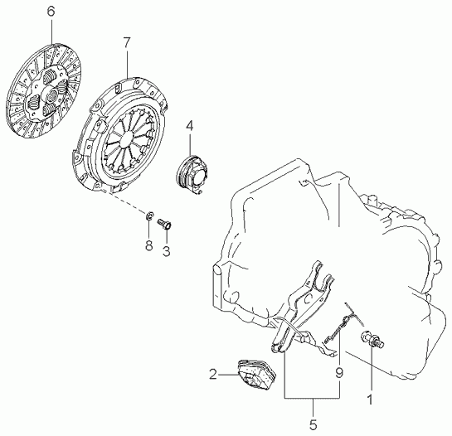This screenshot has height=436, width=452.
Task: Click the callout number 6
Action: [x=51, y=12]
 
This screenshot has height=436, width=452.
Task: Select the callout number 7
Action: [x=127, y=43]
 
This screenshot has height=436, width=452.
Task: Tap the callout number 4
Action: [x=189, y=127]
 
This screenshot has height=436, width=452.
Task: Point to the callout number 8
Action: [x=148, y=245]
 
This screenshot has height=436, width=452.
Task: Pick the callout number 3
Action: [x=167, y=251]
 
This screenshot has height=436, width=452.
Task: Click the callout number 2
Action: [x=213, y=375]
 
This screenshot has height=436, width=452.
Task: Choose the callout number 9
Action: [x=339, y=373]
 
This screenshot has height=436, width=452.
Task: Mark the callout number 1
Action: [x=370, y=400]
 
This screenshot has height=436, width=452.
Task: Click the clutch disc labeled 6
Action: [x=45, y=91]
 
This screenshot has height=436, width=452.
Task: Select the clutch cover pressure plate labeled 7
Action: [x=119, y=135]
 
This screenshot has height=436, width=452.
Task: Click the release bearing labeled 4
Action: [x=190, y=173]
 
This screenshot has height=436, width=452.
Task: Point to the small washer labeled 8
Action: [x=149, y=216]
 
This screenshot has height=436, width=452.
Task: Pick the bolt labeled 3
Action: [x=164, y=223]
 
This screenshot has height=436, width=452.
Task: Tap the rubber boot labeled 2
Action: [x=256, y=375]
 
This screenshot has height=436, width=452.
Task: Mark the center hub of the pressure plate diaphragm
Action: [x=127, y=139]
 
